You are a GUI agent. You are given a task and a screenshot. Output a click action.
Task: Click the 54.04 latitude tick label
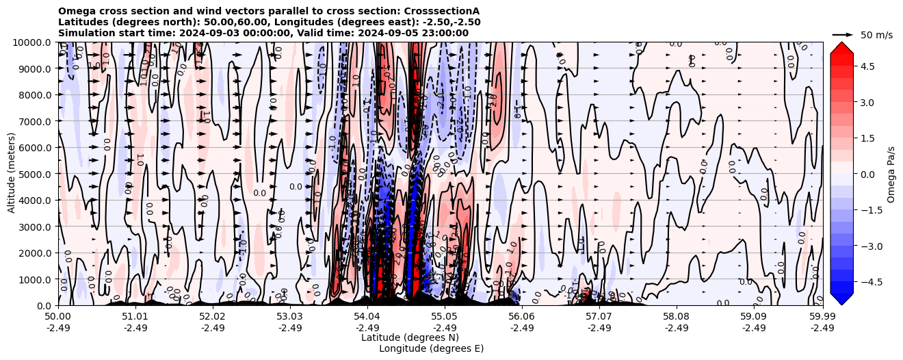[x=367, y=318]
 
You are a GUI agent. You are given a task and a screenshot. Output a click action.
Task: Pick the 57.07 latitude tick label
[x=599, y=318]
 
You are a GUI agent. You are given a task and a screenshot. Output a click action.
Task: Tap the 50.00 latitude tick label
[x=58, y=318]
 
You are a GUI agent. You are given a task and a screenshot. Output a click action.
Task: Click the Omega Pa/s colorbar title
[x=891, y=174]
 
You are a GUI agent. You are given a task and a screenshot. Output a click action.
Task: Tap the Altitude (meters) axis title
[x=12, y=174]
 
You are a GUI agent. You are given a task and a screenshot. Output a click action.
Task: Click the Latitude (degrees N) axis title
[x=410, y=337]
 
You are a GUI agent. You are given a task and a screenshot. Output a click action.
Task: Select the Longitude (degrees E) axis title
[x=431, y=348]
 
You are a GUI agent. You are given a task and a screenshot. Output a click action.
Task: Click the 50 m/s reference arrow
[x=842, y=34]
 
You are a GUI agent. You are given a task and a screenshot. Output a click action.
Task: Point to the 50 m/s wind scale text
[x=876, y=35]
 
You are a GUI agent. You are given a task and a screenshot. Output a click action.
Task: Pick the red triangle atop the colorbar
[x=841, y=48]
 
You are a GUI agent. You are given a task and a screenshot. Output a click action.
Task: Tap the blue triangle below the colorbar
[x=841, y=298]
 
